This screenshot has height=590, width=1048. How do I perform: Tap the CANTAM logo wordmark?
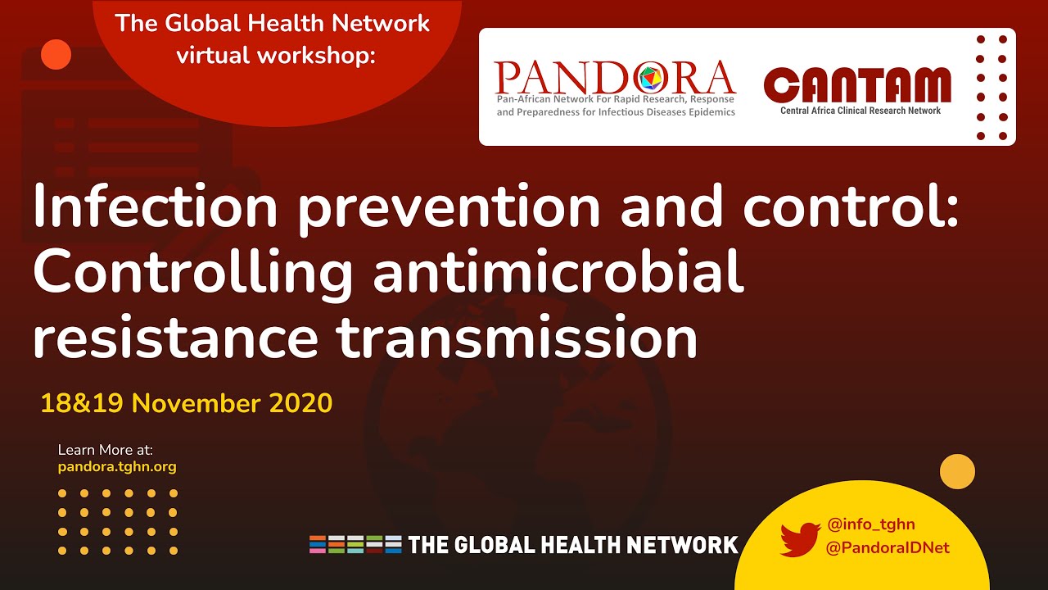point(857,85)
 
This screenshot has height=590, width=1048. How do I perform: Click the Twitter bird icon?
point(800,538)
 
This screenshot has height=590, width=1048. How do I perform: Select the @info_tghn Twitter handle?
point(871,524)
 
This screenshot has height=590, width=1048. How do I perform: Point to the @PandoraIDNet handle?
point(888,547)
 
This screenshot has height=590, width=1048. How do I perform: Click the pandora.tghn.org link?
point(117,467)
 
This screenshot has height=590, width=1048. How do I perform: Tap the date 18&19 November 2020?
point(187,403)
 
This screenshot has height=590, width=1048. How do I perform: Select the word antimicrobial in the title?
point(558,273)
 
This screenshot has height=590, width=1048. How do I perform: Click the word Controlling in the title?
point(193,273)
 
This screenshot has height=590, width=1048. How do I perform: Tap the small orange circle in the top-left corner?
point(56,54)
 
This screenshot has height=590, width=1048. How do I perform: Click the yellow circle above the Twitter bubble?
point(957,472)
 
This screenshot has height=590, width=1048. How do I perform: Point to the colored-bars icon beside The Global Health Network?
point(355,544)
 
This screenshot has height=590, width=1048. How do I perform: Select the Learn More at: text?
point(106,450)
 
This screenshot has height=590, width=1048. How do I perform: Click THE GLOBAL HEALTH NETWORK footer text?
point(573,545)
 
